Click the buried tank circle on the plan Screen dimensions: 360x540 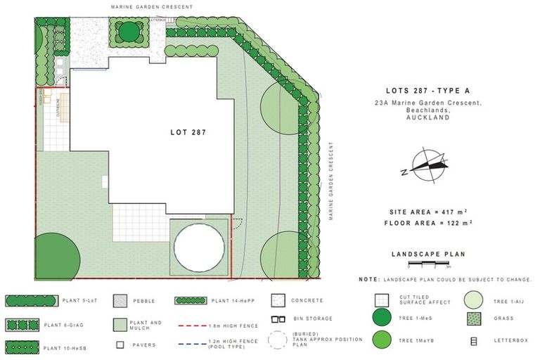198,245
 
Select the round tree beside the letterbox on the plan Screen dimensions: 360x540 129,32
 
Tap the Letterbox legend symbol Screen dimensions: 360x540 473,342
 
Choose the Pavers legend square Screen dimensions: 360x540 120,345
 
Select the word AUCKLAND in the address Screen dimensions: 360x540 428,118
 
